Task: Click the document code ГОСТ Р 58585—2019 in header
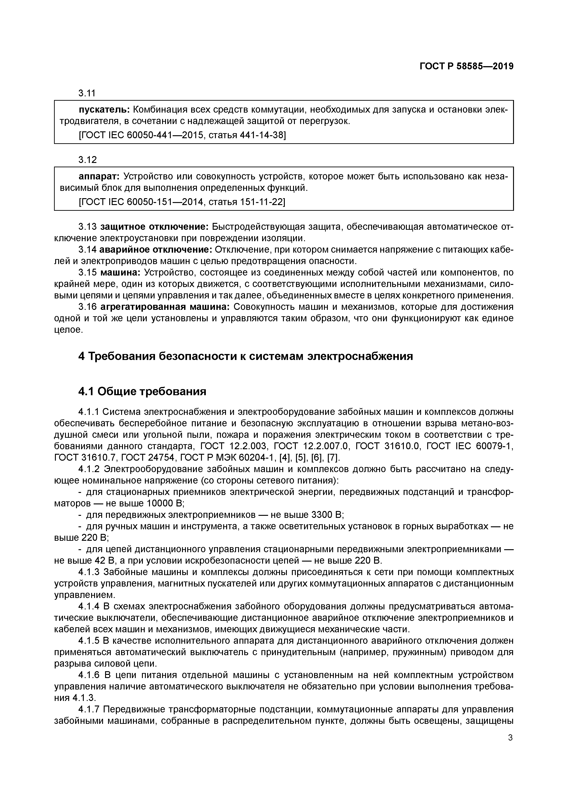tap(466, 66)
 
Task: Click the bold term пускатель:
tap(104, 110)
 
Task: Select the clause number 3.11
tap(87, 93)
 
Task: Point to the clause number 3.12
tap(87, 160)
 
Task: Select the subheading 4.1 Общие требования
tap(142, 391)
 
